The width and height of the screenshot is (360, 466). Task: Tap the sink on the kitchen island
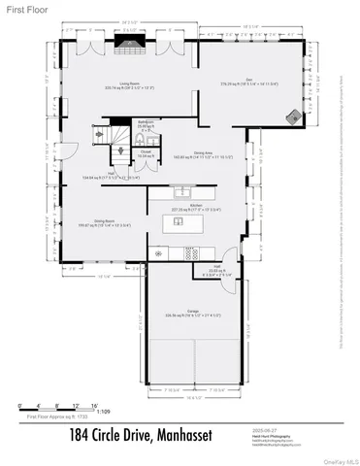coord(180,221)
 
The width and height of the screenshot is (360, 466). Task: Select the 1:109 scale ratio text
coord(91,411)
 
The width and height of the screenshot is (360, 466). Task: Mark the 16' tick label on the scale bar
coord(94,403)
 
